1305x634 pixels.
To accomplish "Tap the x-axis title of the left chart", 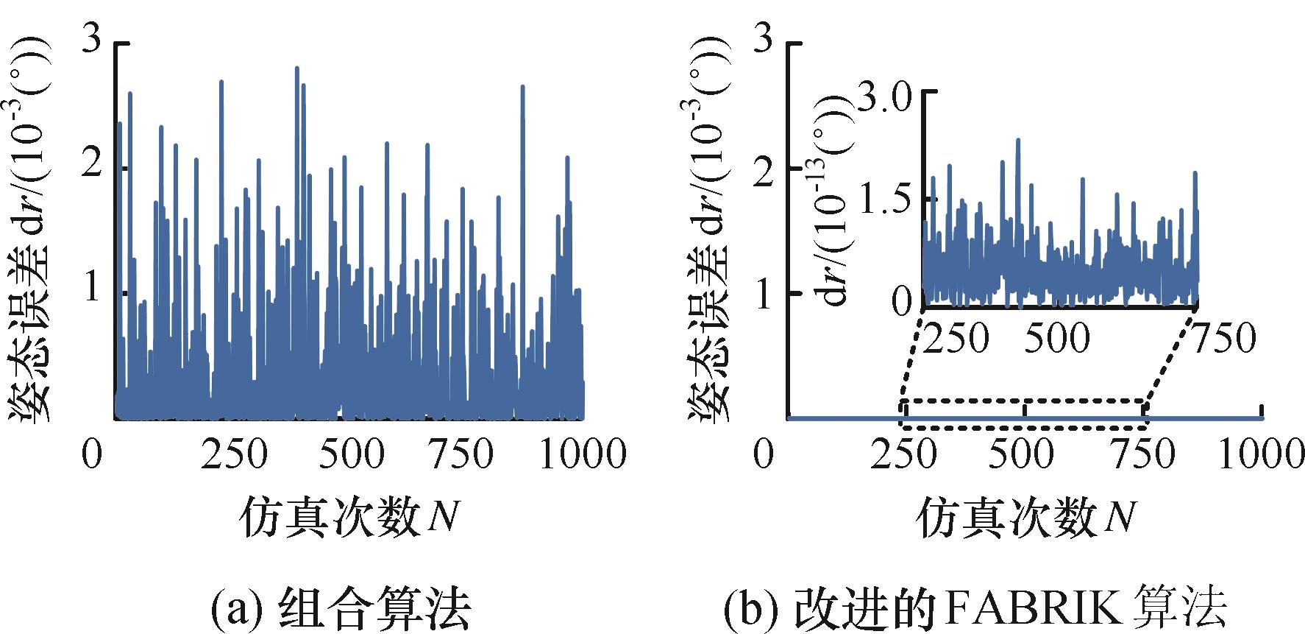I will [x=349, y=518].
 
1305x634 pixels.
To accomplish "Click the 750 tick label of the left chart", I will [x=458, y=453].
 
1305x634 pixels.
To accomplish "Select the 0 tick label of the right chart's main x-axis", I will [x=764, y=453].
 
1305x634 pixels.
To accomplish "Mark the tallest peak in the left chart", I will [x=297, y=68].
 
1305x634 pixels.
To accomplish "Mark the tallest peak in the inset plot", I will [x=1018, y=139].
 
